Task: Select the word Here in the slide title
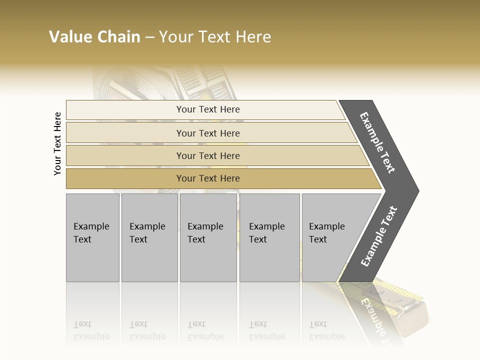[253, 37]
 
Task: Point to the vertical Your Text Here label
[57, 143]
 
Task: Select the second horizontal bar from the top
[208, 133]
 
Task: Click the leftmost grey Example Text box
[92, 237]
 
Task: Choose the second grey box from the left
[149, 237]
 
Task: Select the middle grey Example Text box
[208, 237]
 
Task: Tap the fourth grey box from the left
[269, 237]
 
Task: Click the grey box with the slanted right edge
[330, 237]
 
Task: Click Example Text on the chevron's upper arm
[377, 142]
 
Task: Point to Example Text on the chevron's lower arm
[378, 236]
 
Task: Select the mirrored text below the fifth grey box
[326, 330]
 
